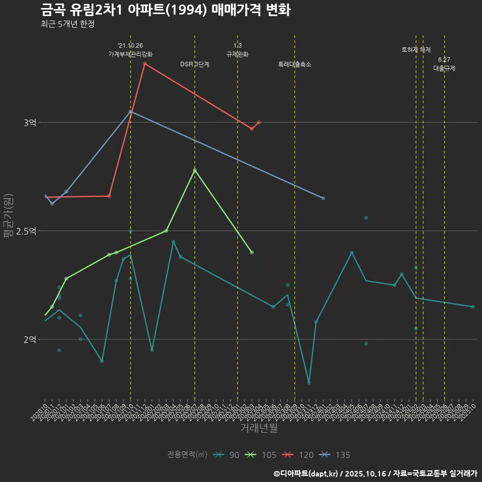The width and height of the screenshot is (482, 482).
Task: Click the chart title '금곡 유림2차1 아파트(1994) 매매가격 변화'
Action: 165,10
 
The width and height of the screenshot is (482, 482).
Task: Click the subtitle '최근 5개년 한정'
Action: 67,24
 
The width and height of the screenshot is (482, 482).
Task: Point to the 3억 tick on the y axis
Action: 30,123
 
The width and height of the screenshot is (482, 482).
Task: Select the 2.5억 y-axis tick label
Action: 27,231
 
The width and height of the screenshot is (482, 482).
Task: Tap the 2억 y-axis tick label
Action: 30,339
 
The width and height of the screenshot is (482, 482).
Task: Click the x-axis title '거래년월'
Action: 259,428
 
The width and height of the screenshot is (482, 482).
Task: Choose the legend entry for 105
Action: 261,455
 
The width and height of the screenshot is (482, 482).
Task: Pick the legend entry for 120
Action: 298,455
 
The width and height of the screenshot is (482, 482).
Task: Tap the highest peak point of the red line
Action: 145,64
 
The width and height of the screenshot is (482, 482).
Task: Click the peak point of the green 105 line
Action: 195,170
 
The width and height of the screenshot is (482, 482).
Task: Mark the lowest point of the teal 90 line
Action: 309,383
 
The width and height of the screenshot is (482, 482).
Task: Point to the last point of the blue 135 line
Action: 323,198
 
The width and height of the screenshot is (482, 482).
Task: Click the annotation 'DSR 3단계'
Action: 195,64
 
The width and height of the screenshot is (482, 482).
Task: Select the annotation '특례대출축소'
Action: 295,64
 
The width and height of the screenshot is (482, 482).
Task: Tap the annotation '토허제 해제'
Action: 416,50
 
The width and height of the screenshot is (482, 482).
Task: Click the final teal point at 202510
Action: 473,307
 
